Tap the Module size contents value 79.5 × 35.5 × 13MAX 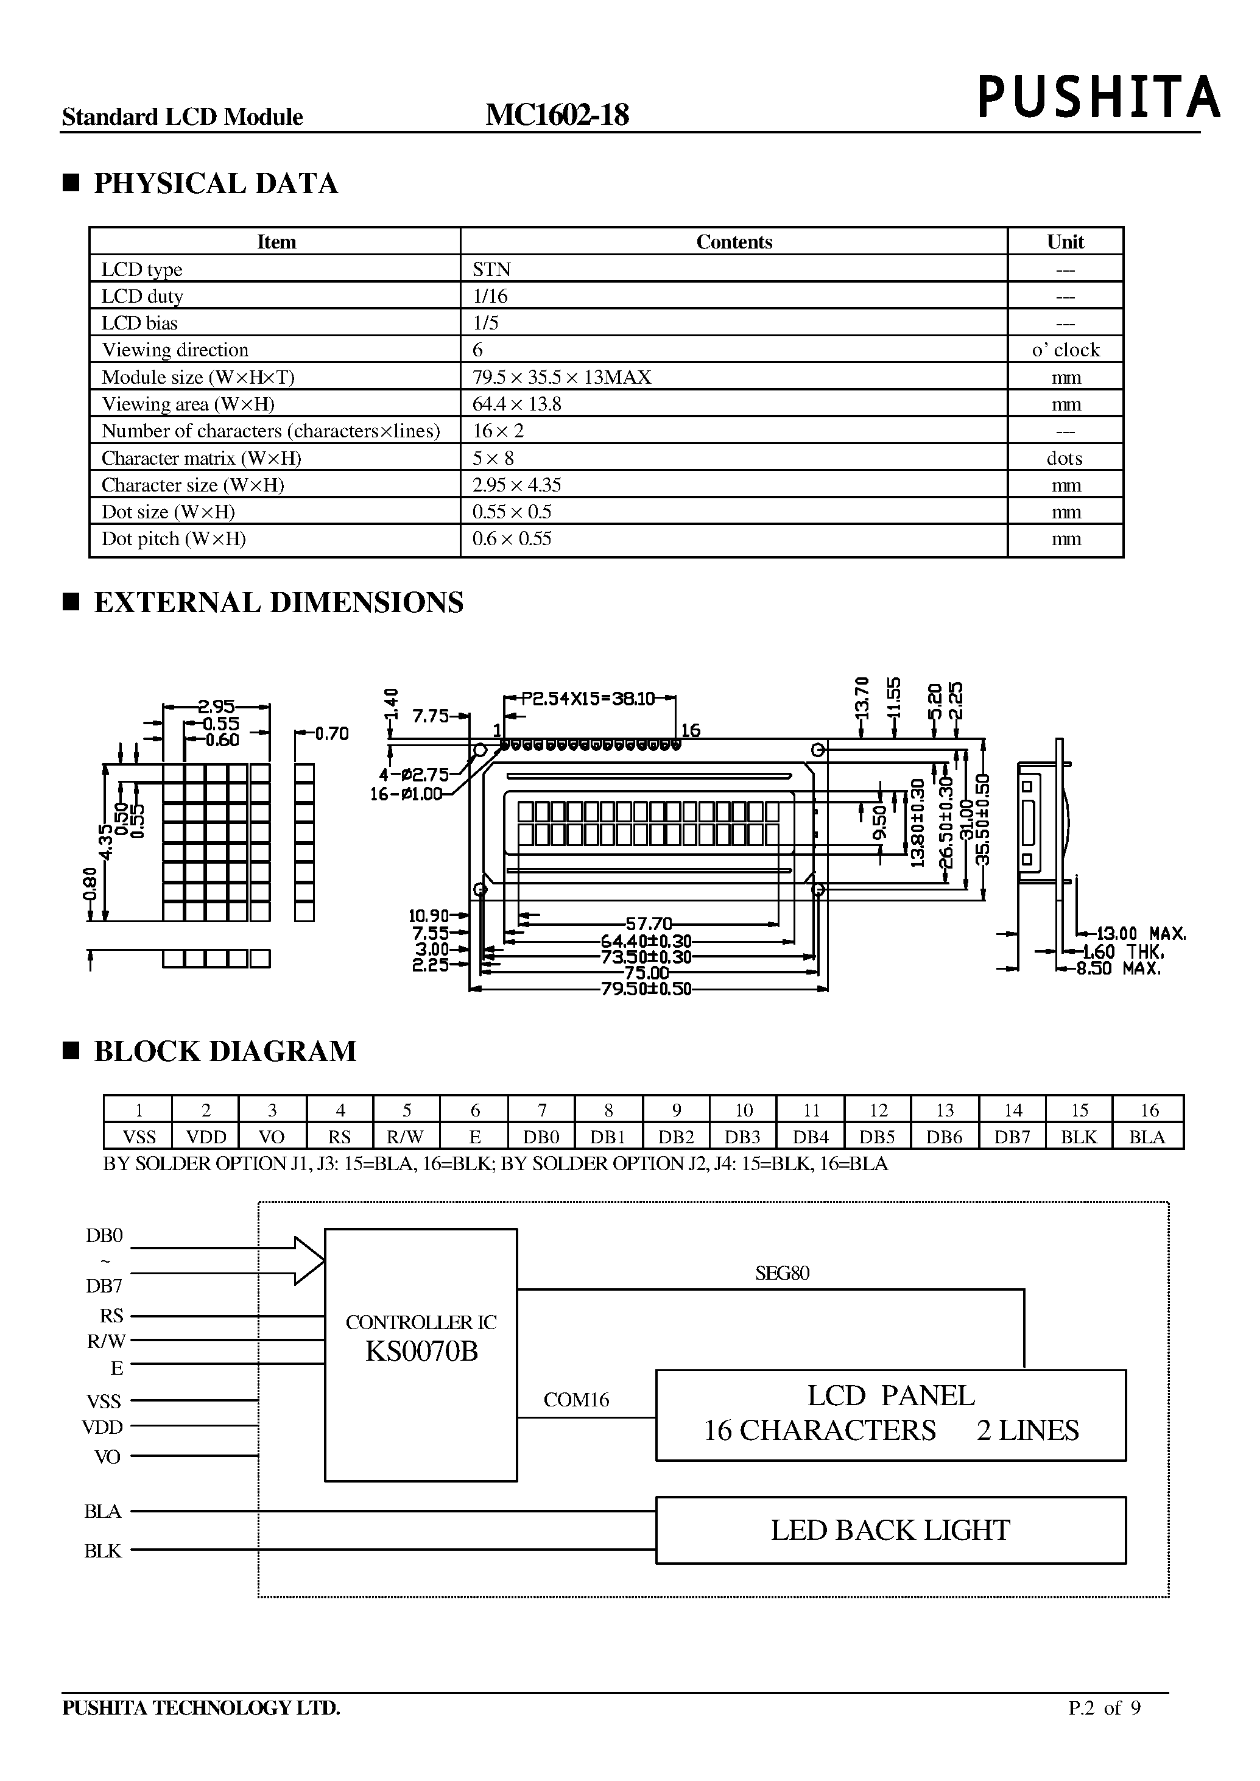tap(561, 377)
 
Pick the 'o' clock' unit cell tap(1065, 350)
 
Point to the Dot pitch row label tap(173, 538)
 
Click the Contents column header tap(733, 242)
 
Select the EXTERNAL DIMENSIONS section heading tap(278, 603)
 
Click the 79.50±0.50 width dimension tap(646, 989)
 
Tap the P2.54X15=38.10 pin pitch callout tap(587, 699)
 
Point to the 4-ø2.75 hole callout tap(414, 775)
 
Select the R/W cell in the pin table tap(405, 1137)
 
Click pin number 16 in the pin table tap(1149, 1110)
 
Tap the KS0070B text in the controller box tap(421, 1351)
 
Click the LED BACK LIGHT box tap(890, 1530)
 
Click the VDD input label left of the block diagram tap(103, 1427)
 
